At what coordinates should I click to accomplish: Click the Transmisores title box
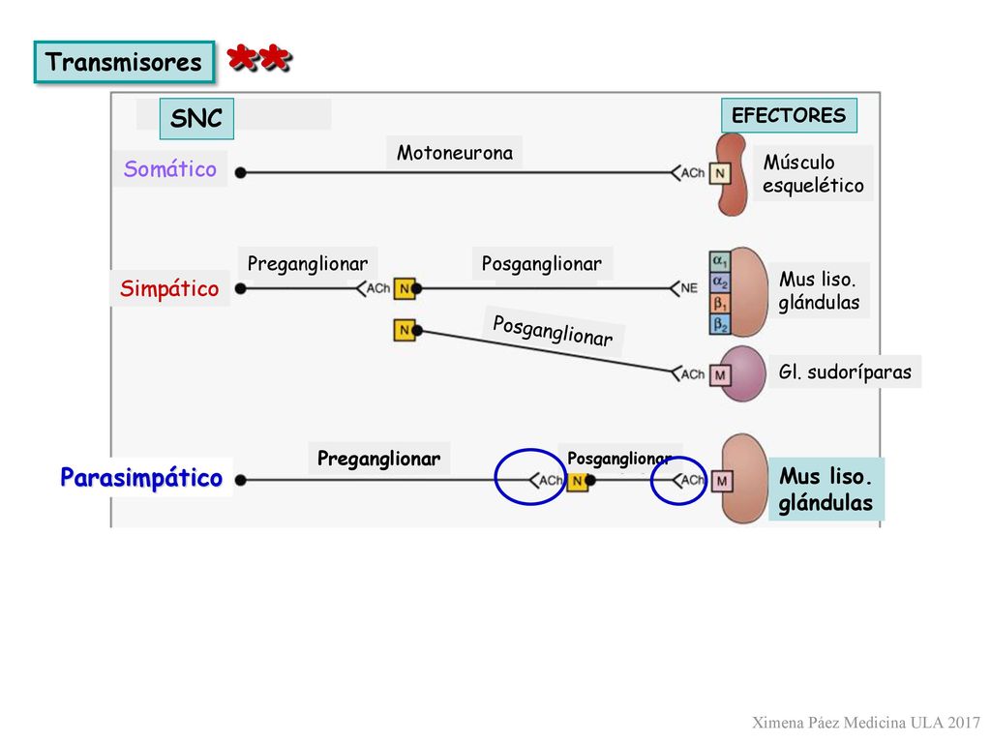coord(124,62)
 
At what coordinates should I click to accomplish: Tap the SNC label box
coord(196,118)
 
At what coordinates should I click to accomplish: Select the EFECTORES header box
coord(789,115)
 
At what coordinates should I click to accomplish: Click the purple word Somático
coord(170,168)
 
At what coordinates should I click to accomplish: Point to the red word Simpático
coord(169,288)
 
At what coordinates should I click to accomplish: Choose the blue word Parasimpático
coord(141,477)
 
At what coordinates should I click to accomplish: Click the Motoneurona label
coord(455,152)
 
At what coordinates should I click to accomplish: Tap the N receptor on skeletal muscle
coord(720,173)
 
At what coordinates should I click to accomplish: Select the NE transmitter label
coord(689,288)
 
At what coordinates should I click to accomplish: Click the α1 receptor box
coord(719,260)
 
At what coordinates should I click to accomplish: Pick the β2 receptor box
coord(719,325)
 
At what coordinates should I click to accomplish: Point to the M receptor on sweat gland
coord(720,375)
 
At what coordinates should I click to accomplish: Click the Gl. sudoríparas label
coord(844,371)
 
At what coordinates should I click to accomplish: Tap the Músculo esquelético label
coord(813,174)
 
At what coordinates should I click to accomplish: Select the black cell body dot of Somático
coord(240,172)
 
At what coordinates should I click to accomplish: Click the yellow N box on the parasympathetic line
coord(577,482)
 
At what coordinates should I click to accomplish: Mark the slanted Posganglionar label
coord(553,331)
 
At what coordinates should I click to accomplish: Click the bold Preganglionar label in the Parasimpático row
coord(378,458)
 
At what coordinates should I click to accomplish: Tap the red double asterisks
coord(259,58)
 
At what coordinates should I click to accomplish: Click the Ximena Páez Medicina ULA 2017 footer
coord(866,722)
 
